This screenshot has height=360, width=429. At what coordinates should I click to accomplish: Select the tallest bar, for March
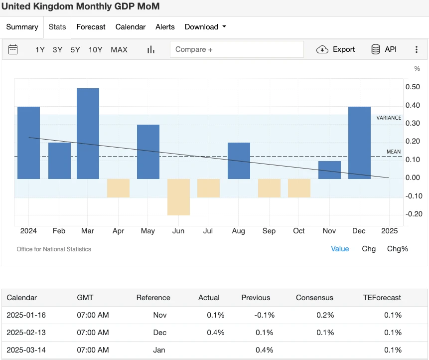tap(88, 133)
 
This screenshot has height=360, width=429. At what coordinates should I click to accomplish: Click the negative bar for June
tap(178, 196)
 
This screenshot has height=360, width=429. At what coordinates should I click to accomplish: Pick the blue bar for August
tap(239, 161)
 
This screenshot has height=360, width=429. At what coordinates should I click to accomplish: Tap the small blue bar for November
tap(329, 170)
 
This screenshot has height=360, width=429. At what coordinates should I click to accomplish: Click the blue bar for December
tap(359, 143)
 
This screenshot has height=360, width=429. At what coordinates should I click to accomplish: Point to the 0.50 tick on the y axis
tap(413, 87)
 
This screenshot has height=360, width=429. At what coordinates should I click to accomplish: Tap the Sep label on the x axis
tap(269, 231)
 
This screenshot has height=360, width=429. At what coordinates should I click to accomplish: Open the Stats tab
tap(57, 27)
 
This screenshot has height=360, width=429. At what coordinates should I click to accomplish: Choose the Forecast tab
tap(91, 27)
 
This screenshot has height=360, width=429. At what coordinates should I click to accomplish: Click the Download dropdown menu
tap(205, 27)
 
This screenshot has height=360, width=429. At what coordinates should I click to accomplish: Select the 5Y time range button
tap(75, 49)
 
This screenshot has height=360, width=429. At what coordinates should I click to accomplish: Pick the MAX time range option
tap(119, 49)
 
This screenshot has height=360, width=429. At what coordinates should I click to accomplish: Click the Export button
tap(336, 49)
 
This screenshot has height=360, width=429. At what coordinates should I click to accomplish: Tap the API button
tap(384, 49)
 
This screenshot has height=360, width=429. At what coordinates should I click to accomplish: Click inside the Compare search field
tap(237, 49)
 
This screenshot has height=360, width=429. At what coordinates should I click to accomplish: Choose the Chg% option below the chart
tap(398, 248)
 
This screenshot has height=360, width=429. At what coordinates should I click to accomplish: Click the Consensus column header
tap(314, 298)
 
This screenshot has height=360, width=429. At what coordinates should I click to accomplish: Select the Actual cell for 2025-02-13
tap(216, 333)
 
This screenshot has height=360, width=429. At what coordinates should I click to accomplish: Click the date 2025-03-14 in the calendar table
tap(26, 350)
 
